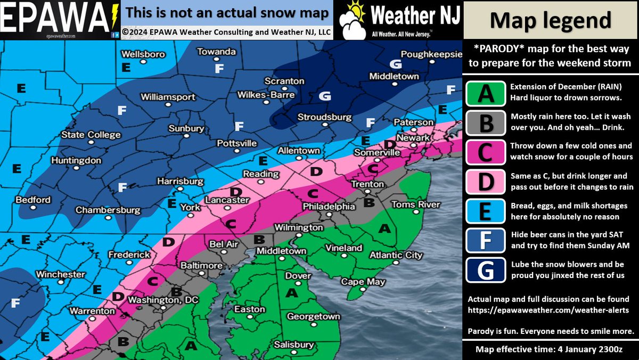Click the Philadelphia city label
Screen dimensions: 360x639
[329, 206]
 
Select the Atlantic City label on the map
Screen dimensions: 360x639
[396, 255]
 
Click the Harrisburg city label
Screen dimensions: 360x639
[180, 182]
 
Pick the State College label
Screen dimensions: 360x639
[91, 135]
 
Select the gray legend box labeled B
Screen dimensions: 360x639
[485, 122]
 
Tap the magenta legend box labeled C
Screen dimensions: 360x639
[485, 152]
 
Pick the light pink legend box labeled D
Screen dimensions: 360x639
[485, 181]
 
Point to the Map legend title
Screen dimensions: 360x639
[551, 20]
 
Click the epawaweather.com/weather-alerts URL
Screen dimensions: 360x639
[548, 309]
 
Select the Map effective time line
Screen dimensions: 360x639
[551, 349]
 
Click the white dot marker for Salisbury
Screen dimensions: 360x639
[293, 354]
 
